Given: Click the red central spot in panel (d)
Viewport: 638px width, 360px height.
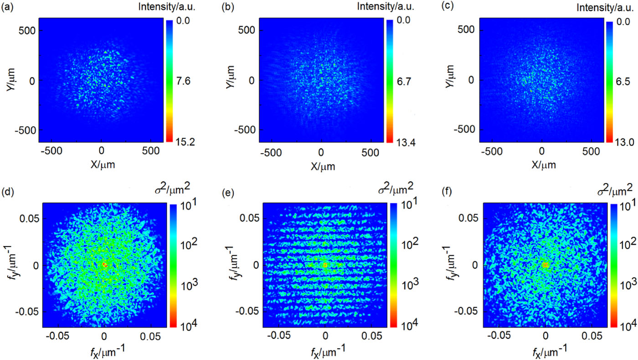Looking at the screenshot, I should click(x=104, y=264).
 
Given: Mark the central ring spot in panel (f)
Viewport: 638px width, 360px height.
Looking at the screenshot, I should click(x=545, y=265).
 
